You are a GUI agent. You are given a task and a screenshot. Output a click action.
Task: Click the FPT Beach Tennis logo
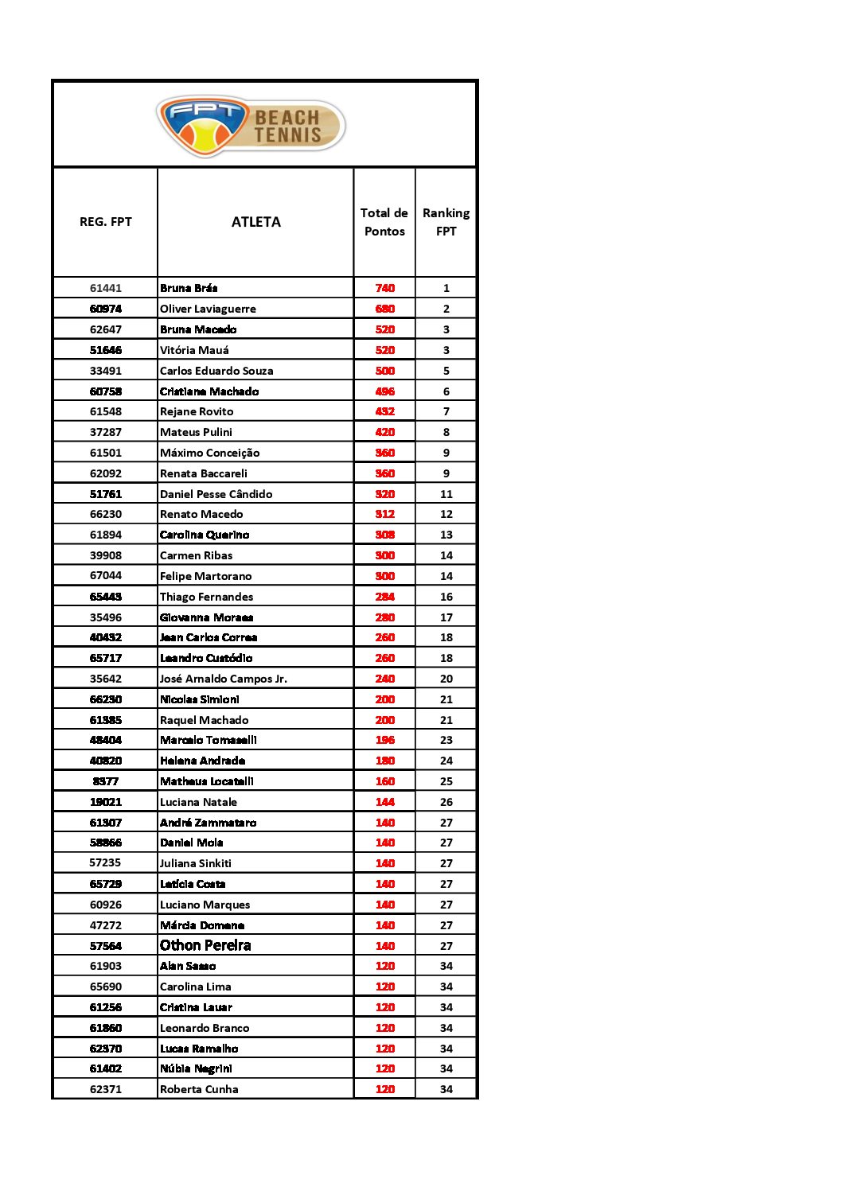251,125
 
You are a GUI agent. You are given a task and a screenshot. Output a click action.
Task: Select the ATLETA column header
255,222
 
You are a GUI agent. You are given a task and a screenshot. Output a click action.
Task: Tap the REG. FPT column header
106,222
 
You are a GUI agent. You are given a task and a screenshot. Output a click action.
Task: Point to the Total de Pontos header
384,222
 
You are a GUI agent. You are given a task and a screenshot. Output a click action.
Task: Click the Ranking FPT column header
446,222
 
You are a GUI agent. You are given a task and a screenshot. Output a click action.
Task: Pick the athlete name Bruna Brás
189,288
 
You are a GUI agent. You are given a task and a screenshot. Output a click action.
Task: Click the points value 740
385,288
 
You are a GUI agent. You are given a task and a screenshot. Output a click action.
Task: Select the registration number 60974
106,309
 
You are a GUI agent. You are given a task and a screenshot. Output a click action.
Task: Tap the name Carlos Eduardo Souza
216,371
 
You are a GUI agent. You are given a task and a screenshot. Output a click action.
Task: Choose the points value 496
385,391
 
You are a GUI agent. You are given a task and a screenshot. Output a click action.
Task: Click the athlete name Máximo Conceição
209,453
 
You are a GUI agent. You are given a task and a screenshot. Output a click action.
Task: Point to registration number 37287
106,432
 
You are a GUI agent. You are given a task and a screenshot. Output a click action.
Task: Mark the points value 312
385,514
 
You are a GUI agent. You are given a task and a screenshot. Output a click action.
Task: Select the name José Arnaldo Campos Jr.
224,679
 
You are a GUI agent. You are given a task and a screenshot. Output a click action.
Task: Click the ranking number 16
446,597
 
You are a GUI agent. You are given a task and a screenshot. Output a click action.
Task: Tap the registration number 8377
106,781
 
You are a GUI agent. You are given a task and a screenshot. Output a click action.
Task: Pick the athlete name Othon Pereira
205,945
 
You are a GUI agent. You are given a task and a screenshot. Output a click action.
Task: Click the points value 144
385,802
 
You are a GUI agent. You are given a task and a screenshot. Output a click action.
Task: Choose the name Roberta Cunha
199,1089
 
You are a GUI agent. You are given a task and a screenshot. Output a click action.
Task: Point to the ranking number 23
446,740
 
